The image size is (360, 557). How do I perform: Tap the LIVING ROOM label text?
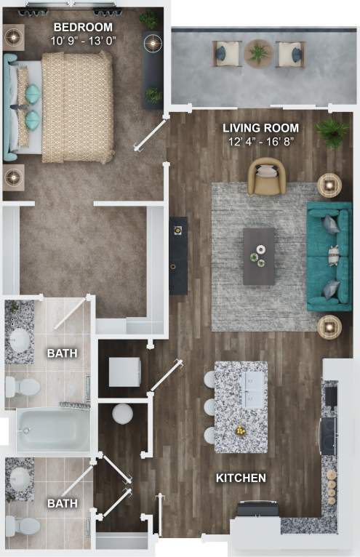click(x=260, y=128)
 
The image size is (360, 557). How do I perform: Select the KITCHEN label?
click(x=241, y=478)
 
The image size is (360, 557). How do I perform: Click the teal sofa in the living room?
click(x=329, y=255)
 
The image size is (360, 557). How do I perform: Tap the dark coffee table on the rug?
click(x=259, y=256)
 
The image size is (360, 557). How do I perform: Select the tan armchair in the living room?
click(x=266, y=177)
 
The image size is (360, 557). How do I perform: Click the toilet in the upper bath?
click(x=25, y=386)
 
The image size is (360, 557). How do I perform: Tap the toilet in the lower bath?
click(x=25, y=525)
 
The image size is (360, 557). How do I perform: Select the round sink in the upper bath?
click(x=20, y=339)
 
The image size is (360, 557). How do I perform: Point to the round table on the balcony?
click(x=257, y=52)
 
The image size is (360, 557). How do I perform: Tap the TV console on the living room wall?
click(x=178, y=255)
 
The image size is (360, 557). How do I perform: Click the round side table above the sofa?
click(x=329, y=186)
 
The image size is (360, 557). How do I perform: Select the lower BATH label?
click(x=62, y=502)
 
